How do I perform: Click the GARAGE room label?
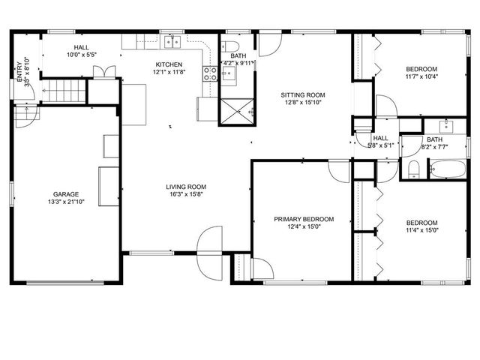(x=65, y=194)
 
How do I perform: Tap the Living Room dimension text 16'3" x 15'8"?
(x=186, y=195)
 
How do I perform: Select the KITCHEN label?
(x=169, y=64)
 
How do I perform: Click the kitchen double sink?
(x=172, y=40)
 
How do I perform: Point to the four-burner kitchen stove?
(x=211, y=73)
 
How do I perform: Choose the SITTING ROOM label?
(x=303, y=95)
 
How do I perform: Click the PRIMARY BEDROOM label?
(x=304, y=219)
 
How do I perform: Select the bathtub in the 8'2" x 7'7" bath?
(x=446, y=171)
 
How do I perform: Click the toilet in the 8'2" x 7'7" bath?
(x=413, y=169)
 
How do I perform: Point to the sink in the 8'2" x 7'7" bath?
(x=445, y=124)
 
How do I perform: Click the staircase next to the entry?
(x=65, y=93)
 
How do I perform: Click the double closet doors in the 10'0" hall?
(x=104, y=72)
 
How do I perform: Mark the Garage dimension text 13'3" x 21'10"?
(x=65, y=202)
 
